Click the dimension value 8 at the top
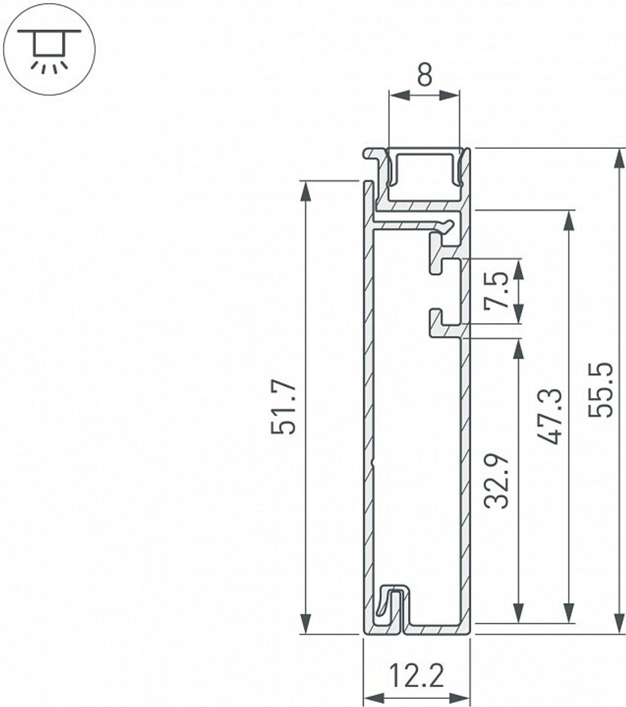(x=424, y=76)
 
